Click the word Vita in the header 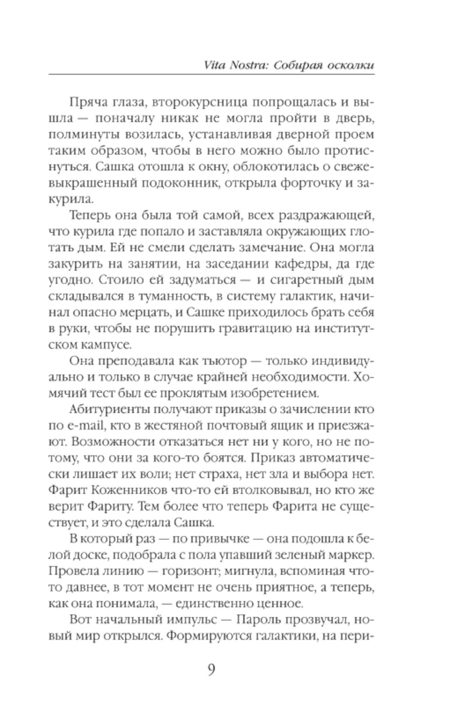tap(215, 65)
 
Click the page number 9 tap(211, 670)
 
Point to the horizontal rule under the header tap(211, 74)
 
